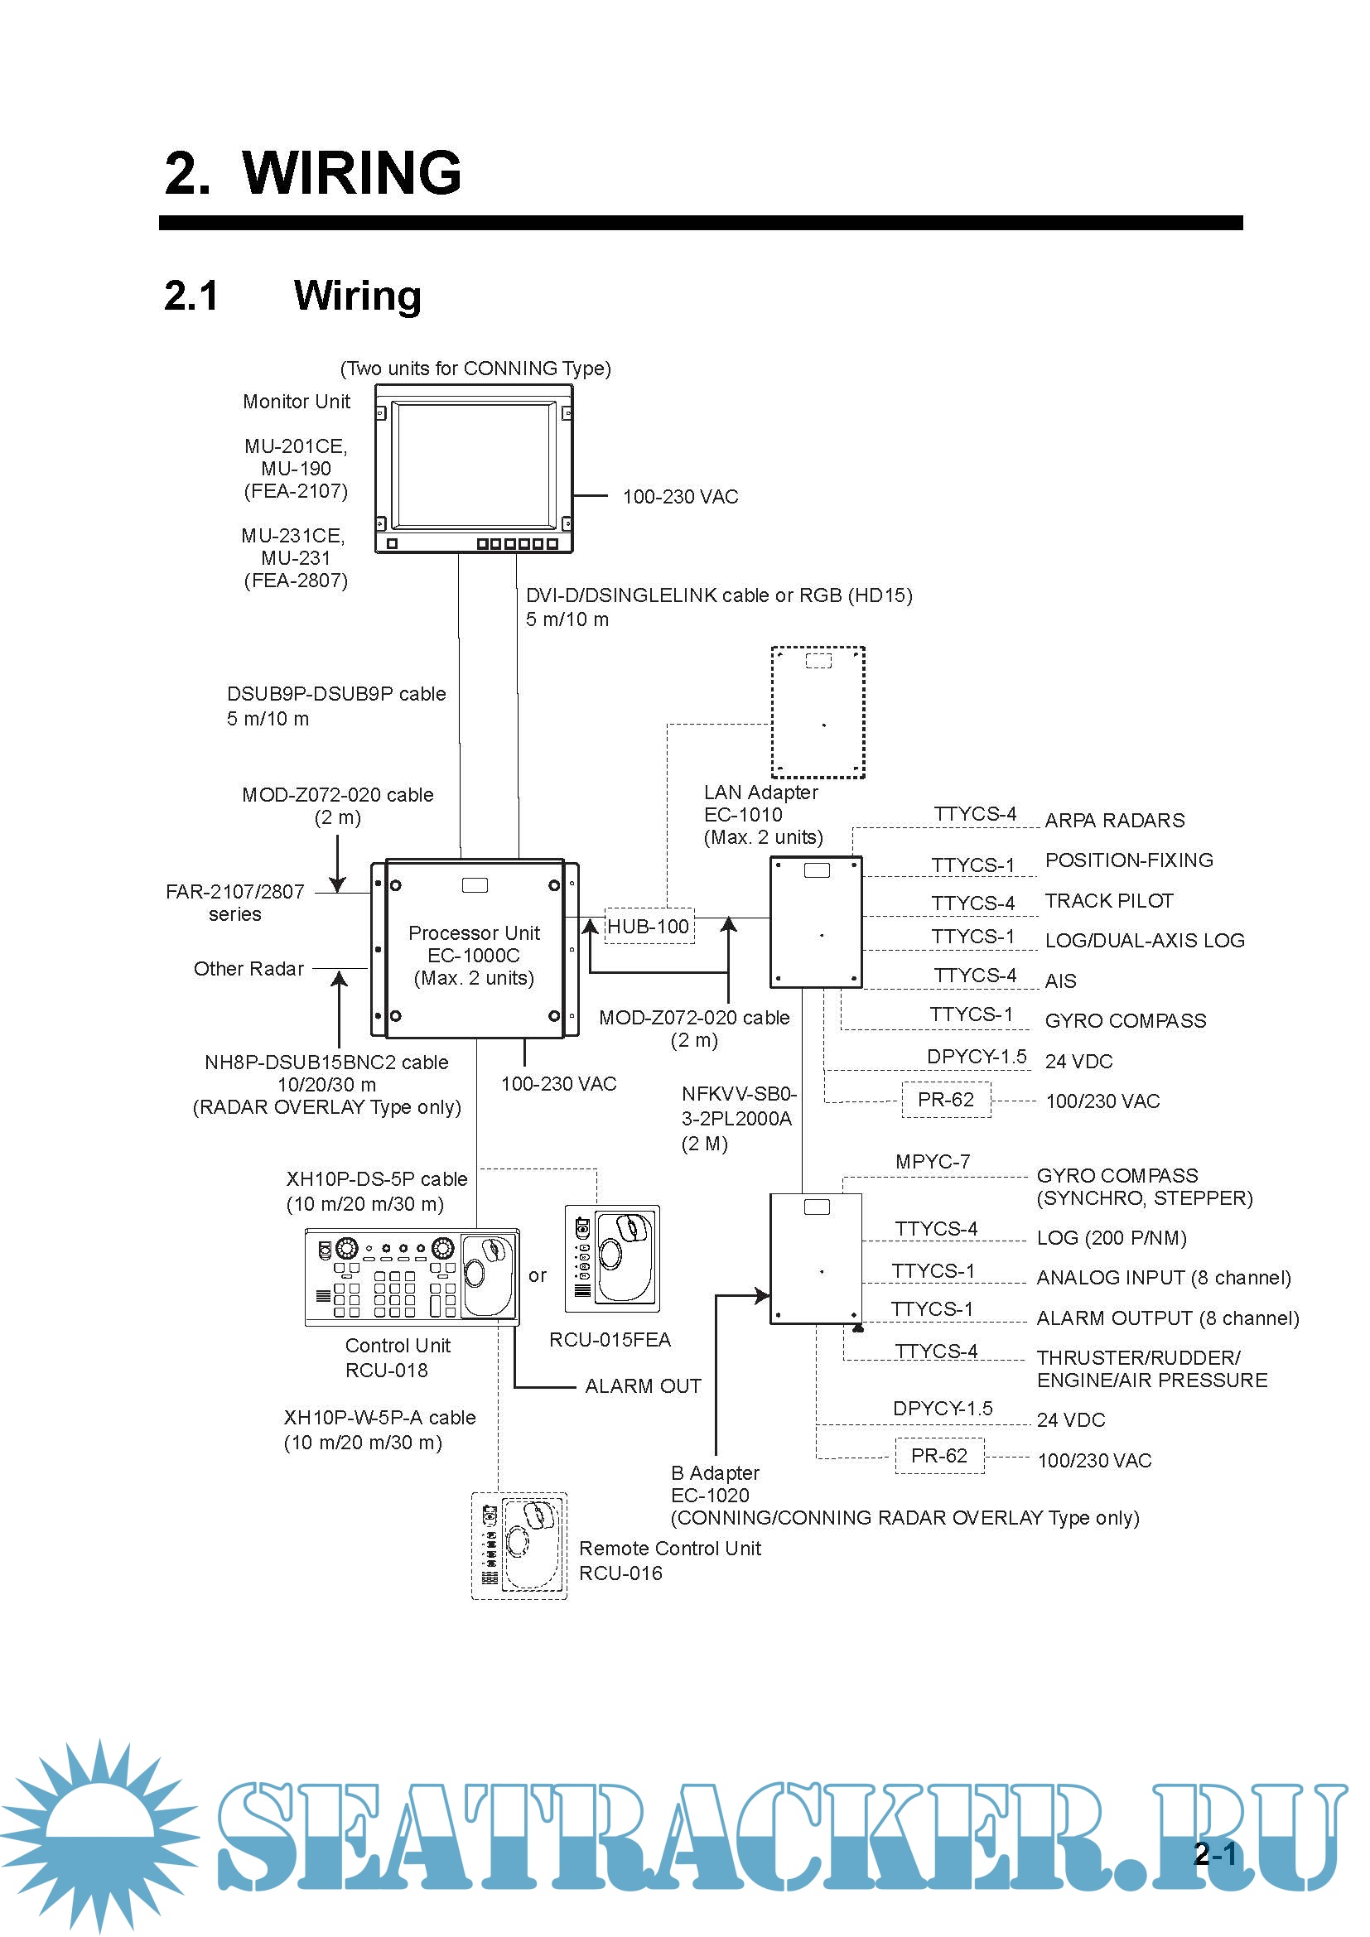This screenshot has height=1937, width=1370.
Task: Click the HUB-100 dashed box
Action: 649,926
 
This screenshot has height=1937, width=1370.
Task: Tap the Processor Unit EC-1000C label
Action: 473,955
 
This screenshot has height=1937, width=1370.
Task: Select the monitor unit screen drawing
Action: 474,466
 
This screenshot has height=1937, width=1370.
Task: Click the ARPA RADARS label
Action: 1113,820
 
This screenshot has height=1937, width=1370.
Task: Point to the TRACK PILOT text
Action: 1108,901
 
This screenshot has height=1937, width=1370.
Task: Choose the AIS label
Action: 1059,981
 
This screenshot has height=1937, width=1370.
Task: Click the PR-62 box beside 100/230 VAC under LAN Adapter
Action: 945,1100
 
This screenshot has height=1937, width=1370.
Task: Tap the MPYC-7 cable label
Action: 932,1162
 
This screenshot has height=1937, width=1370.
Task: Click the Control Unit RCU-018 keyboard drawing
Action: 412,1277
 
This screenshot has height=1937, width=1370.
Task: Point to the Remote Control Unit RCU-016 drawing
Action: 519,1545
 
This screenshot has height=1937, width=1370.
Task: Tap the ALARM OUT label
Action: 643,1386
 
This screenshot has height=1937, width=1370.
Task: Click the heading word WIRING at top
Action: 352,173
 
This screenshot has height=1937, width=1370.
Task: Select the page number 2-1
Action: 1215,1853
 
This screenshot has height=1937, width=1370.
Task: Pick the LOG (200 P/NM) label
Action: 1111,1237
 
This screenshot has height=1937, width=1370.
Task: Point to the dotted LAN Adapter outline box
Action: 818,712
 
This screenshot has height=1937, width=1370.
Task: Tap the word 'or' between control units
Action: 538,1275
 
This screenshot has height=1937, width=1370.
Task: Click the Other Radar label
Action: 248,969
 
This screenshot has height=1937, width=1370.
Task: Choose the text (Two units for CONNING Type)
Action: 475,369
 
